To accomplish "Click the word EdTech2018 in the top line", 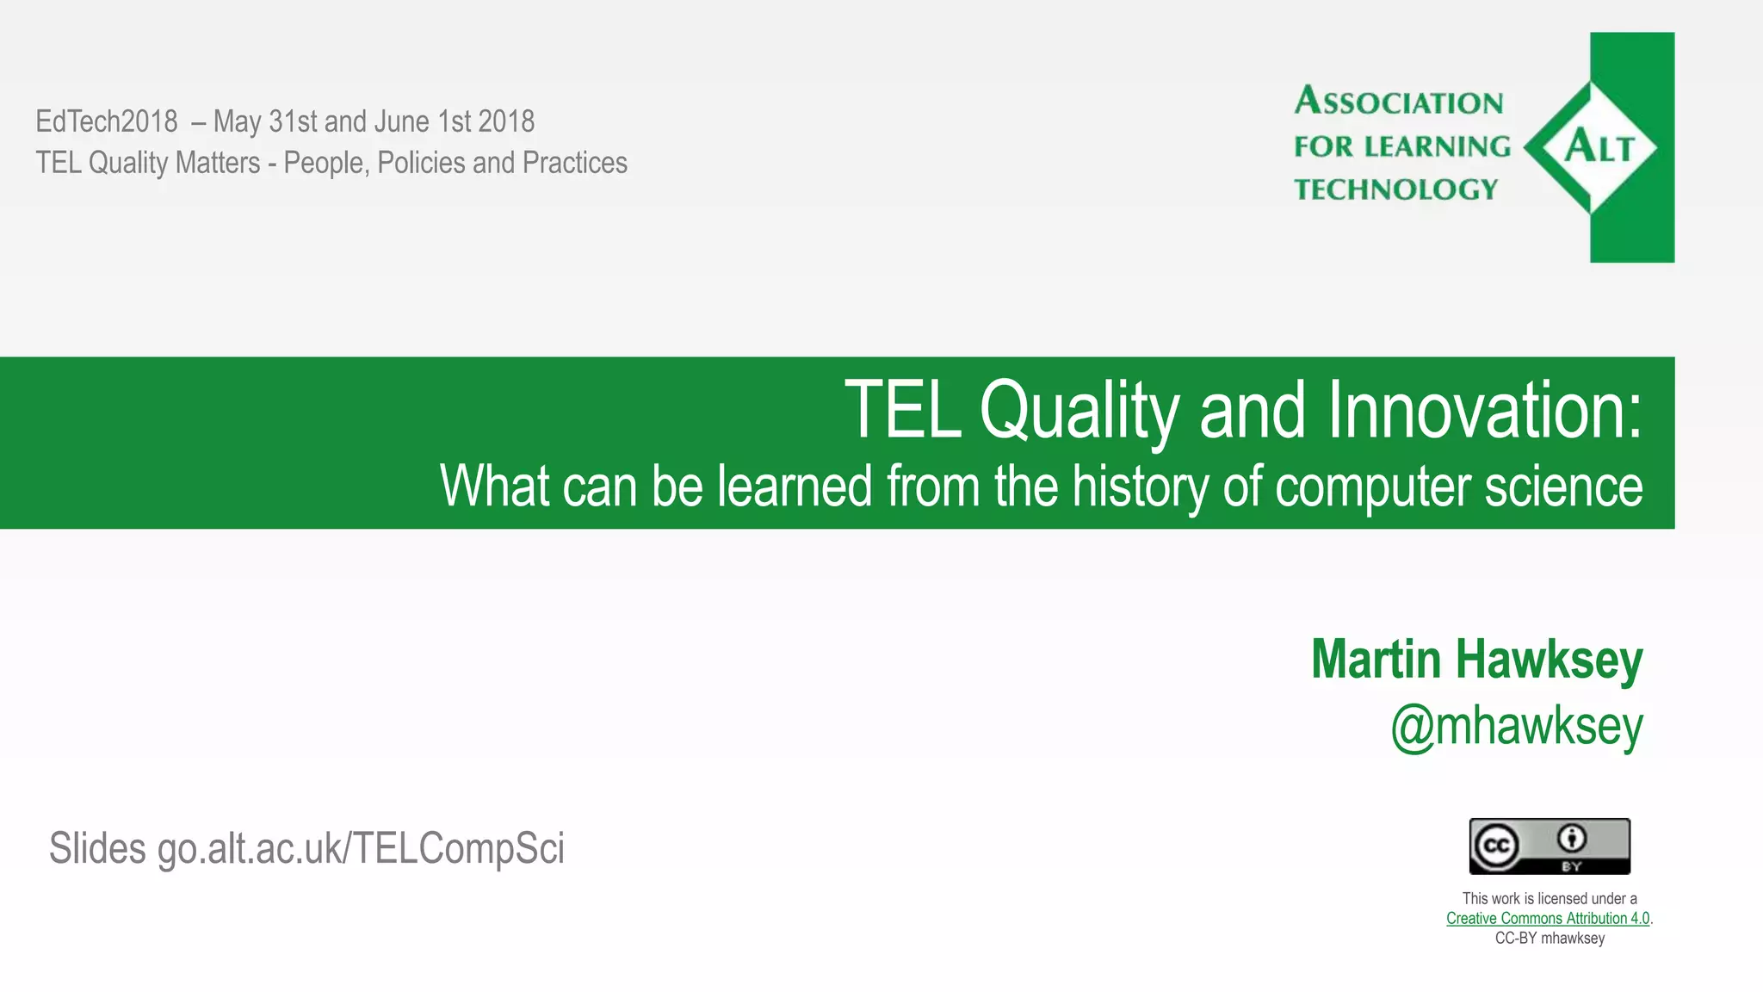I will [x=107, y=121].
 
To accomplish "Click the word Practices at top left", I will [x=574, y=163].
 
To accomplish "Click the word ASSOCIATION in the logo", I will [x=1399, y=102].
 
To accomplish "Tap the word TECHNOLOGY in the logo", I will [x=1395, y=189].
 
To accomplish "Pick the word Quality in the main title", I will [x=1079, y=411].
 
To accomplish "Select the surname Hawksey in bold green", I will [x=1549, y=660].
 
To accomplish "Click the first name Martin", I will [x=1376, y=660].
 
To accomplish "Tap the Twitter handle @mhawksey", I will [x=1516, y=726].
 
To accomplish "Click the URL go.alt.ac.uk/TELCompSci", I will [x=361, y=848].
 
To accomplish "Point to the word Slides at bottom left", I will [x=97, y=848].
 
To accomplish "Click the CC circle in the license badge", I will [x=1495, y=846].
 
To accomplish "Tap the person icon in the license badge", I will [x=1572, y=838].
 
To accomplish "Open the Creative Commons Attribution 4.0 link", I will [x=1547, y=918].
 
